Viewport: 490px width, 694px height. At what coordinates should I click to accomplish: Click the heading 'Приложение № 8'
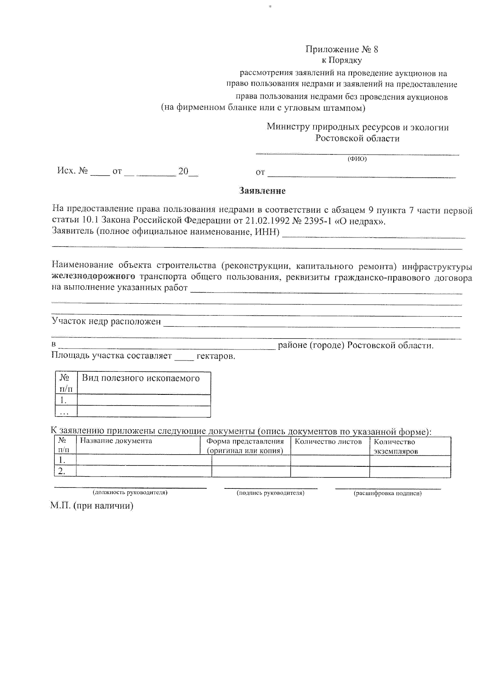pos(342,49)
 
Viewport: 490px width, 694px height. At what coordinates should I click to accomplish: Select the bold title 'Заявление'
pos(262,191)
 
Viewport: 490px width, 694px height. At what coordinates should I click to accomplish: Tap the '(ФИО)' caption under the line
pos(357,159)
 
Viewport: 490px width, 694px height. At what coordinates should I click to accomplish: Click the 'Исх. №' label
pos(72,171)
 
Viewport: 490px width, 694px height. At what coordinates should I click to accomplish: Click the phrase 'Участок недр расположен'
pos(106,321)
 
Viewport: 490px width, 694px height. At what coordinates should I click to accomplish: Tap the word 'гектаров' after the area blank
pos(215,356)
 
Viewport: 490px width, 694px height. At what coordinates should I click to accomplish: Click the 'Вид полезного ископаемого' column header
pos(141,378)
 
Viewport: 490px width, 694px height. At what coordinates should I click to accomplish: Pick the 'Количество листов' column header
pos(328,442)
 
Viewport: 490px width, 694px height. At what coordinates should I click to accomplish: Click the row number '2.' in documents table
pos(61,471)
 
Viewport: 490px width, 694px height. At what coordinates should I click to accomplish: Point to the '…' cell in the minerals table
pos(63,412)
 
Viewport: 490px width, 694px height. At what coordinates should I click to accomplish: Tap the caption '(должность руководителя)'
pos(130,493)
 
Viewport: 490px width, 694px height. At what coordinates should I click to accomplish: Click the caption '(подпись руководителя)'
pos(271,493)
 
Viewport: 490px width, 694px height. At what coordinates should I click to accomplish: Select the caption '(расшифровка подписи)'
pos(387,493)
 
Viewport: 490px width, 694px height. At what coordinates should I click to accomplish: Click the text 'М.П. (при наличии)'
pos(92,506)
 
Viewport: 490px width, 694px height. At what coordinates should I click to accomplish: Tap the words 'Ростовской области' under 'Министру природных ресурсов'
pos(357,139)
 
